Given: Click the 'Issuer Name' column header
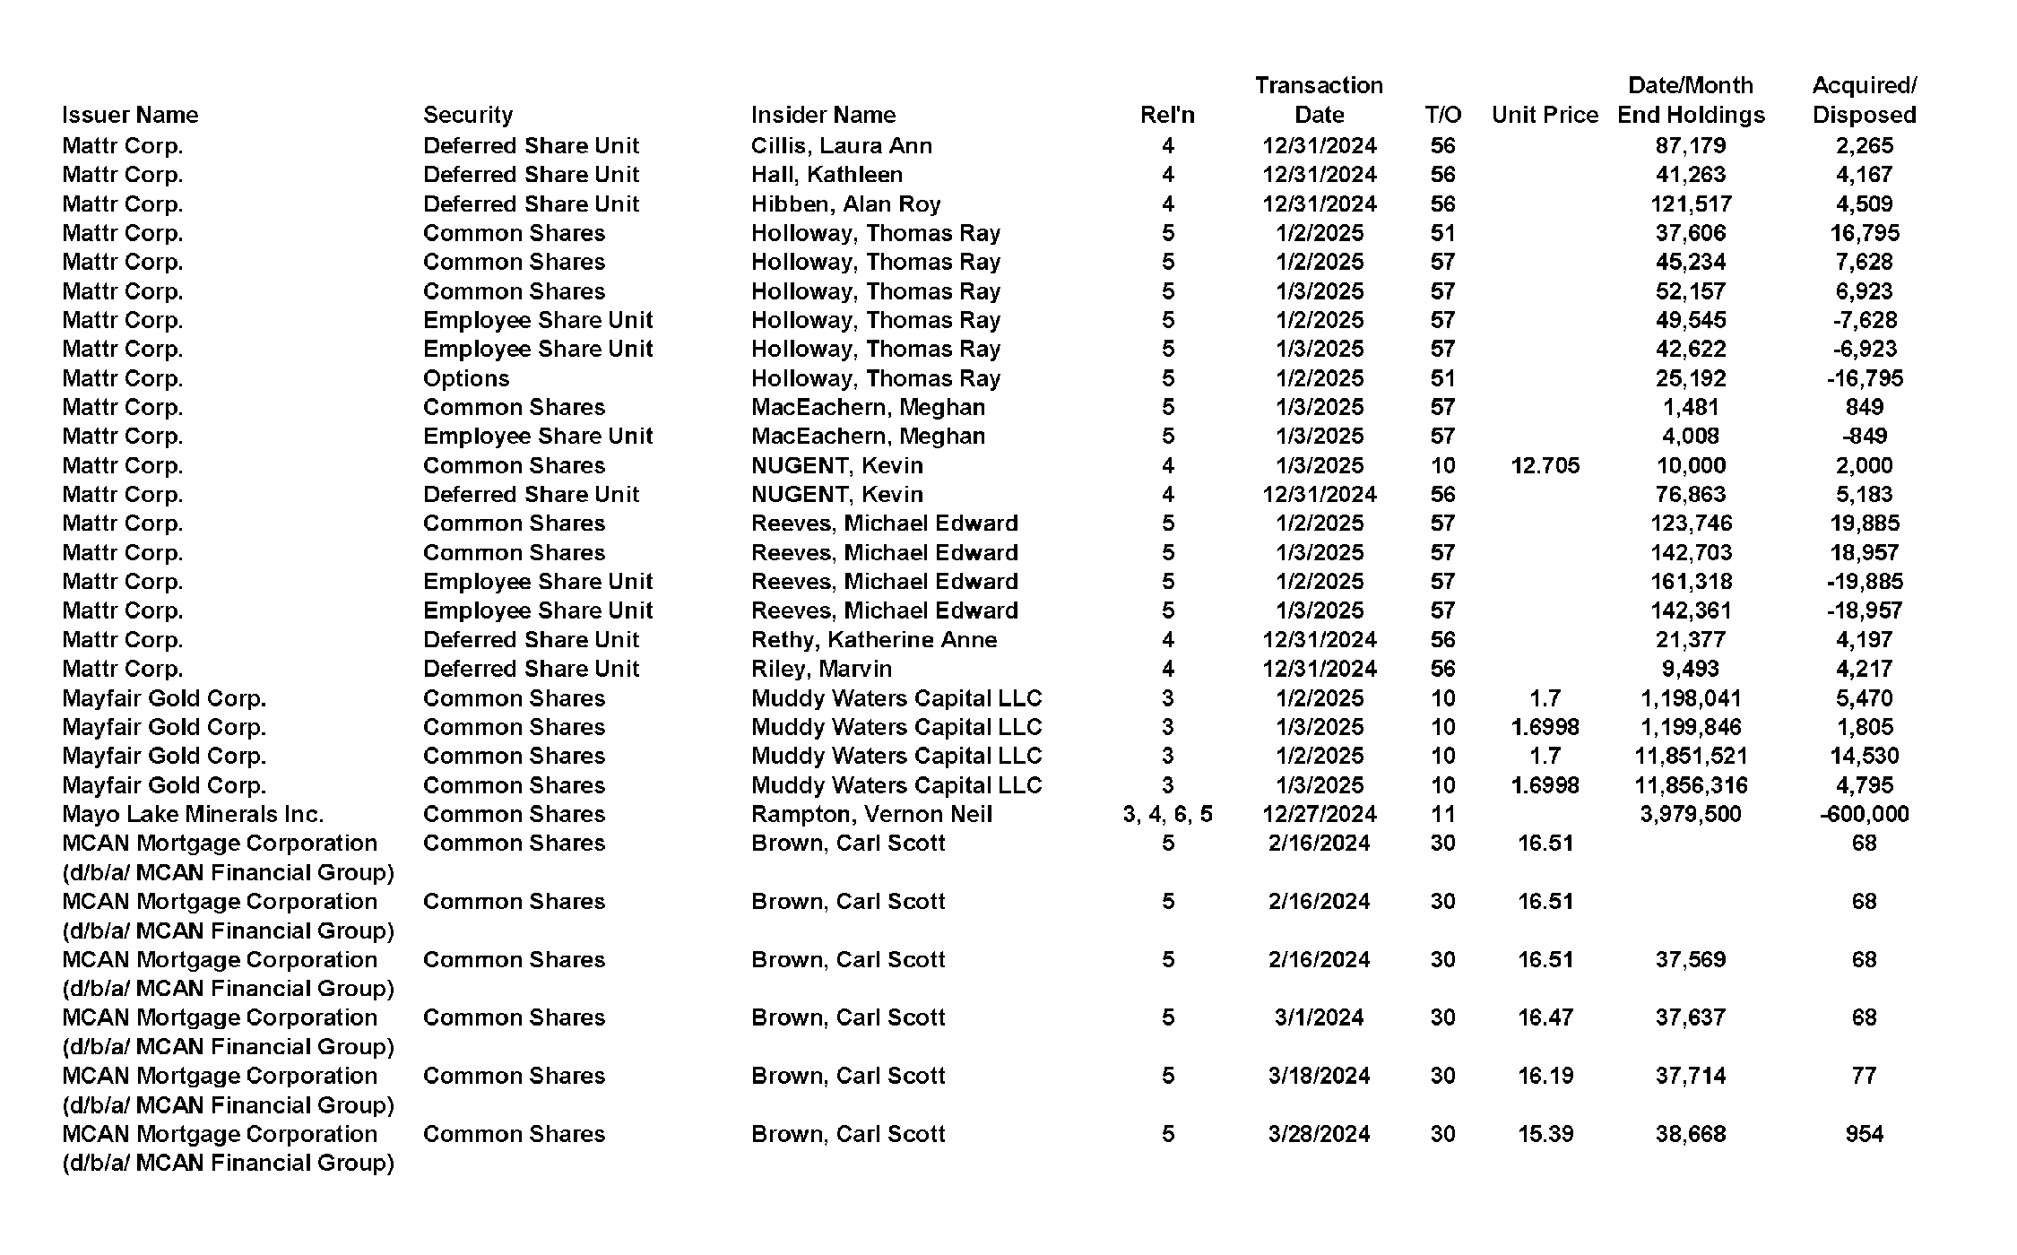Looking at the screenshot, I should (130, 115).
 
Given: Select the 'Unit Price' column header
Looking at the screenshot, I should (1545, 115).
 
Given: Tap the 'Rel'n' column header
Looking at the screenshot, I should (1167, 115).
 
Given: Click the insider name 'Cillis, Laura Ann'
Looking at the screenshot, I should (841, 145).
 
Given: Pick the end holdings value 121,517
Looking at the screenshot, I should (1691, 203).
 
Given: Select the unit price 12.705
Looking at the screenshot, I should (1545, 465).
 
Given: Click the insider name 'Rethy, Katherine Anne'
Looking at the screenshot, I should (873, 639).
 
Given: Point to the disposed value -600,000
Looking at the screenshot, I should (1864, 814).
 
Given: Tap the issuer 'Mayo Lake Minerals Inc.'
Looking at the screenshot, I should (193, 814).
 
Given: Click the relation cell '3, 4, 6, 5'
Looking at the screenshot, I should (1167, 814).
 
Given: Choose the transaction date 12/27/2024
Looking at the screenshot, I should (1319, 814).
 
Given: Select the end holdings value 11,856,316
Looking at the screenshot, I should (1691, 785).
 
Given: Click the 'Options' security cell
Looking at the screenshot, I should (466, 378).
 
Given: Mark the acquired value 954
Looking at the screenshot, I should (1864, 1134).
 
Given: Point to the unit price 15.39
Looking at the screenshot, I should (1545, 1134).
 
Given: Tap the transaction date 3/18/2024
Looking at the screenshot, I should (1319, 1076).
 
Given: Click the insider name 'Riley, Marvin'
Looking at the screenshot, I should (821, 669).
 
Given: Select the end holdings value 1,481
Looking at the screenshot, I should (1691, 407).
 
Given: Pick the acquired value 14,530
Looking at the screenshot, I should (1864, 756).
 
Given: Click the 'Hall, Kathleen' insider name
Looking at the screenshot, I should (827, 174).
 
